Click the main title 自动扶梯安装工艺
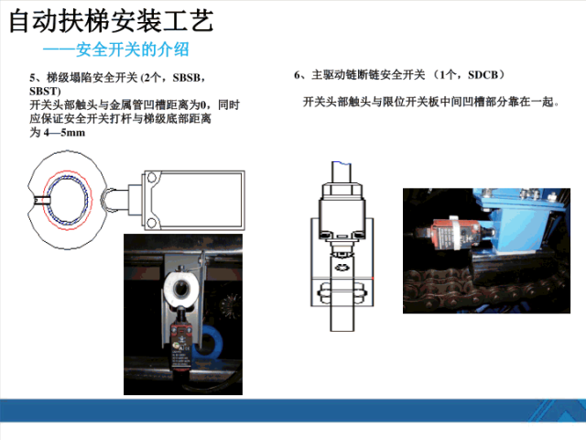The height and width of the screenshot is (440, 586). pyautogui.click(x=111, y=20)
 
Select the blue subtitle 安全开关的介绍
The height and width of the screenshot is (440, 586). pyautogui.click(x=132, y=49)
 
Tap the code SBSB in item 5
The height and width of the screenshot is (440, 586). pyautogui.click(x=187, y=77)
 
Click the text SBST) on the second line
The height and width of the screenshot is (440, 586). pyautogui.click(x=45, y=91)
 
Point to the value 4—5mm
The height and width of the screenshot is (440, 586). pyautogui.click(x=64, y=132)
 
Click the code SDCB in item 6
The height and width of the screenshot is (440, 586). pyautogui.click(x=483, y=75)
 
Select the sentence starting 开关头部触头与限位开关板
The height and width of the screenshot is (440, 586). pyautogui.click(x=431, y=102)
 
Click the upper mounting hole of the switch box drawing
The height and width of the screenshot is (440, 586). pyautogui.click(x=151, y=177)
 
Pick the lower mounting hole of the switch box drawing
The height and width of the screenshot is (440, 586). pyautogui.click(x=151, y=223)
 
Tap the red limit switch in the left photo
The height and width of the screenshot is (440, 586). pyautogui.click(x=181, y=343)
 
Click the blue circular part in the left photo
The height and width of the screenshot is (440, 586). pyautogui.click(x=211, y=341)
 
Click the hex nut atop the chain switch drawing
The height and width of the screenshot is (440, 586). pyautogui.click(x=342, y=190)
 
